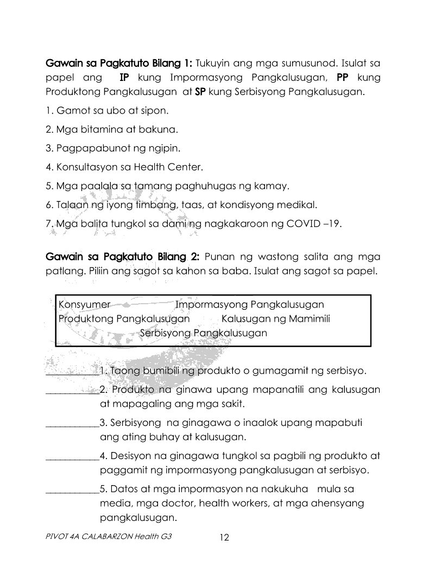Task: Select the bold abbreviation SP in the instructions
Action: coord(200,92)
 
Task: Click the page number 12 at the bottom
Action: coord(224,538)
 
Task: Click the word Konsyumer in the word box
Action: coord(84,304)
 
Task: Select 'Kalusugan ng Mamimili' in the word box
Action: coord(275,318)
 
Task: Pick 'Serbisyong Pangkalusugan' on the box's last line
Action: coord(203,332)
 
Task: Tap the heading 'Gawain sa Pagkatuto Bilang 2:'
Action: coord(123,256)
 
